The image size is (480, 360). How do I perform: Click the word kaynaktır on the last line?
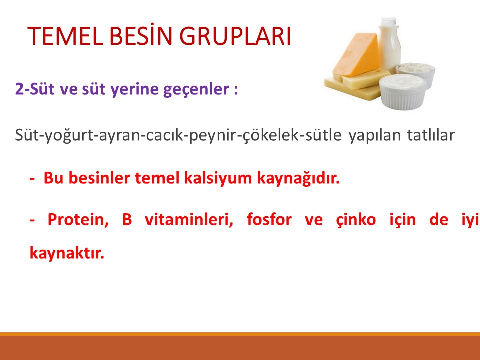tap(67, 252)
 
